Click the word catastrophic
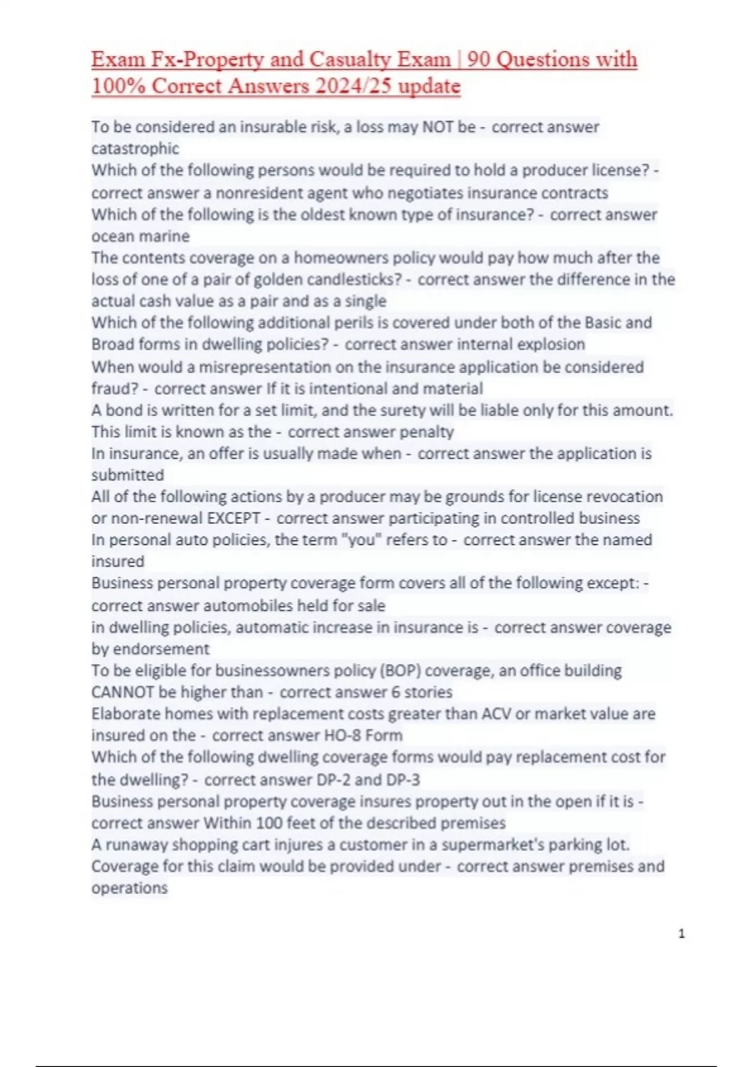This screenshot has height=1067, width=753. pyautogui.click(x=135, y=149)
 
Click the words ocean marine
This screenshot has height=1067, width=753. pyautogui.click(x=141, y=236)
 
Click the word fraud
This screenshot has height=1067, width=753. pyautogui.click(x=112, y=389)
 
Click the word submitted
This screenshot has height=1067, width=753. pyautogui.click(x=127, y=475)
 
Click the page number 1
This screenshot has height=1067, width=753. pyautogui.click(x=682, y=935)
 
